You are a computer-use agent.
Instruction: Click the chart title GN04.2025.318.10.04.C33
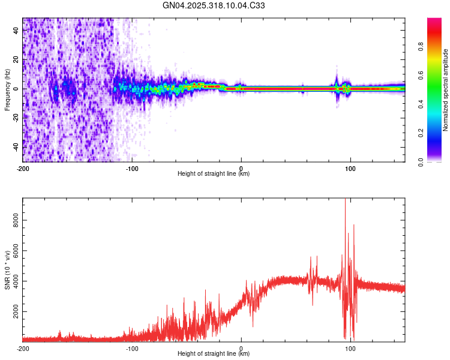click(214, 6)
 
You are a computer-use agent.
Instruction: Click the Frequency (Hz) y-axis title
click(7, 90)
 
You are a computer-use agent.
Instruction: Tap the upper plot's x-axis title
click(214, 174)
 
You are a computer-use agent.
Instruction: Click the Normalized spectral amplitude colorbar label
click(445, 90)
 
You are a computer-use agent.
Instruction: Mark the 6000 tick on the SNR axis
click(13, 251)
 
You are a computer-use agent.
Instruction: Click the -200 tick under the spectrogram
click(23, 167)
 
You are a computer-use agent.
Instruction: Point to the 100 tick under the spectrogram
click(350, 167)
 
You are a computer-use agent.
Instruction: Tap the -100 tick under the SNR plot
click(132, 347)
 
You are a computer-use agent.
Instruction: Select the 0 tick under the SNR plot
click(241, 347)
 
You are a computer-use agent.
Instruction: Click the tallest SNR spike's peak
click(345, 200)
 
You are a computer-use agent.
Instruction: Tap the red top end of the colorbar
click(434, 20)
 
